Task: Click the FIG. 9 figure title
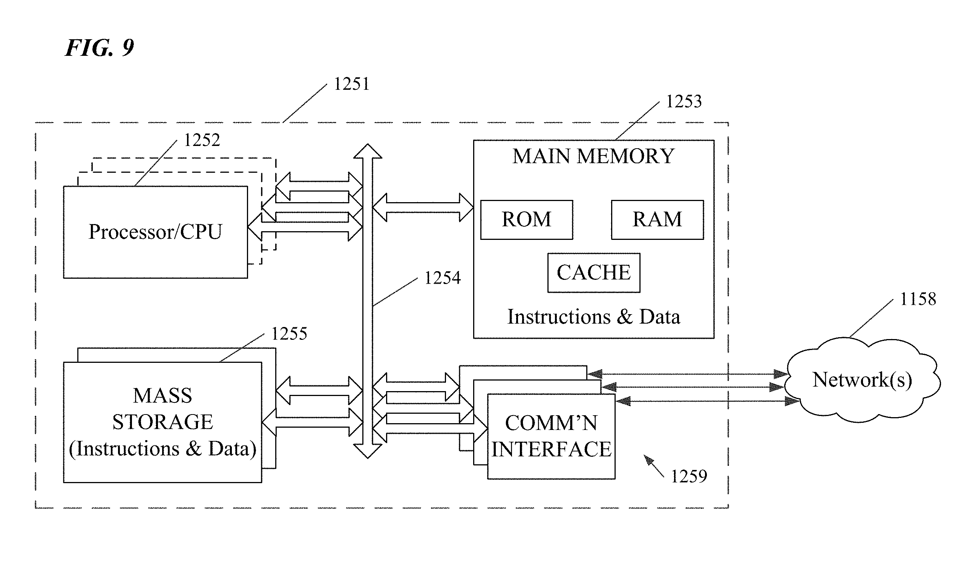point(100,48)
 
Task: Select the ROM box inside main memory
point(526,220)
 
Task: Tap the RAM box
point(657,220)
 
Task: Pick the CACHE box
point(594,273)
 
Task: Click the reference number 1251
point(352,84)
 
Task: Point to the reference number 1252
point(202,140)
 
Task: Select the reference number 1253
point(684,101)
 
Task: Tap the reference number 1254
point(443,278)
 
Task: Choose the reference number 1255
point(289,334)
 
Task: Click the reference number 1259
point(690,476)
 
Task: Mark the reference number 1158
point(918,299)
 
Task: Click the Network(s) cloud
point(862,381)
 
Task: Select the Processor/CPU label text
point(155,232)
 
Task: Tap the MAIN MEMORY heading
point(593,156)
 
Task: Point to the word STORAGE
point(162,422)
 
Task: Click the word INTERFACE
point(551,449)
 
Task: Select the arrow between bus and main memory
point(423,207)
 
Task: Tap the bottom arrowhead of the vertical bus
point(368,451)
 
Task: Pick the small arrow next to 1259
point(653,466)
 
